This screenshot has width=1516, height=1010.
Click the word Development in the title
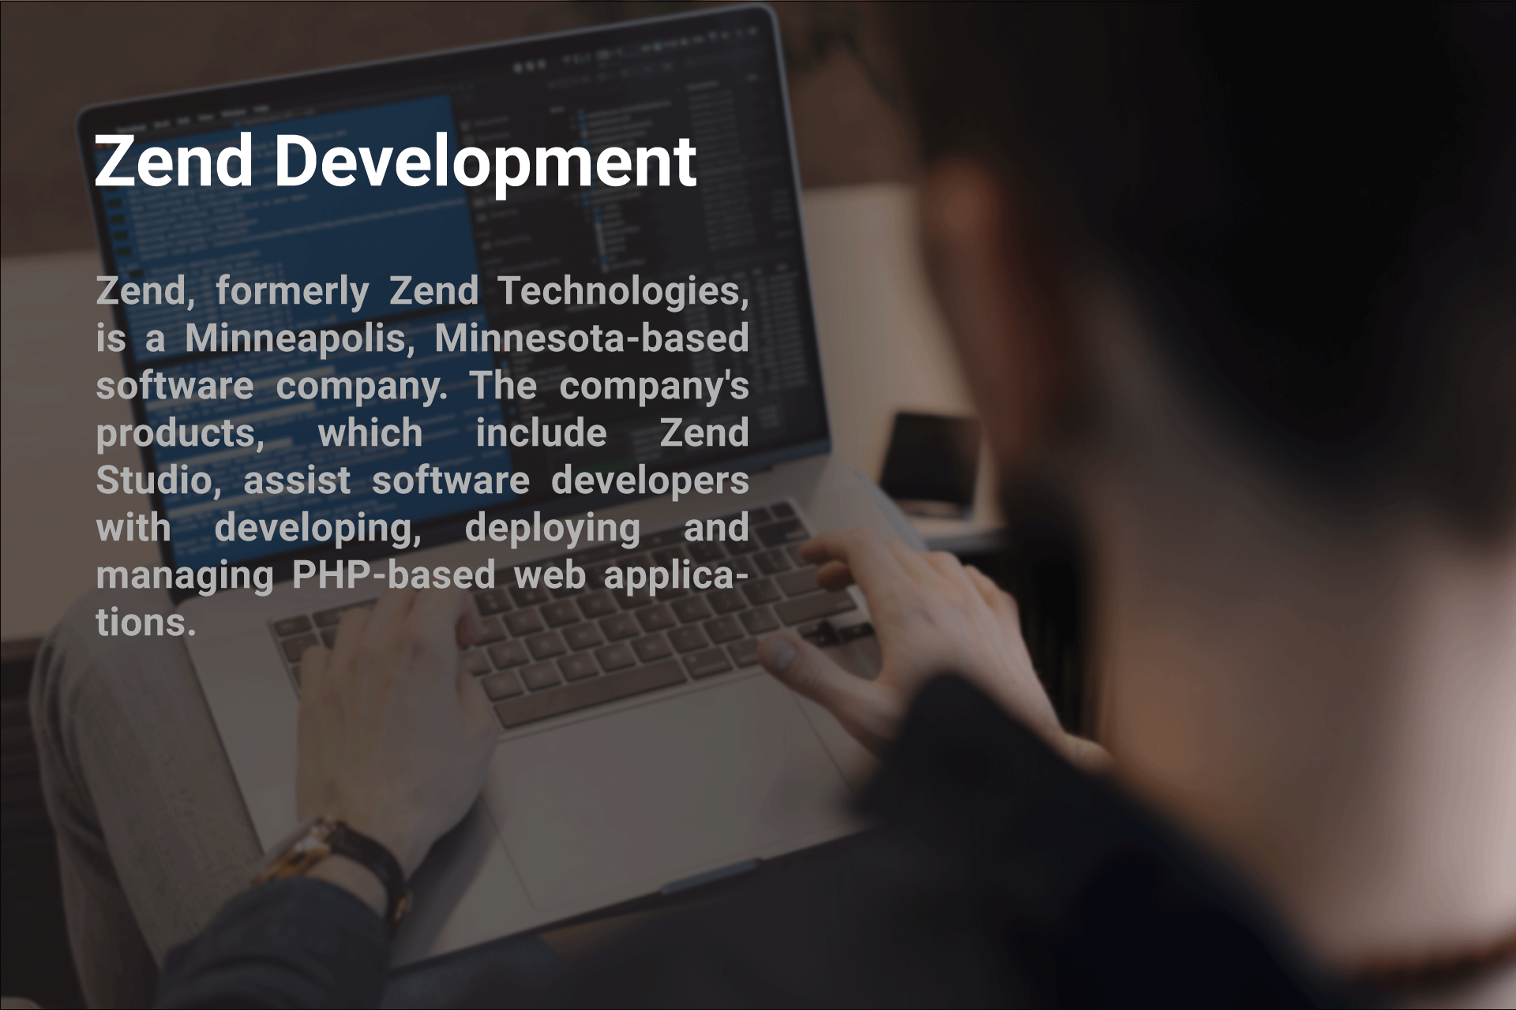485,163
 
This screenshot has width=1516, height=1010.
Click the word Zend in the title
174,161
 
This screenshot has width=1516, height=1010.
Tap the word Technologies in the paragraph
623,291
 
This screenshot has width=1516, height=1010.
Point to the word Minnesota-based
591,338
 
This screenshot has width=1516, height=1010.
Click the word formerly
292,291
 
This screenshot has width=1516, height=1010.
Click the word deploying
553,529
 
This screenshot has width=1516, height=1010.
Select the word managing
185,576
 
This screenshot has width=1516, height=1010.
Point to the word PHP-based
393,574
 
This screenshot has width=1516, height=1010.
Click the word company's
655,387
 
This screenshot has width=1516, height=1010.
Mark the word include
541,433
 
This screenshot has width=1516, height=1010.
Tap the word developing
318,529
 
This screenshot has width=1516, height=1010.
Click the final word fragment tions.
146,623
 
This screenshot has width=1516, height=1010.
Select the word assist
297,481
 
